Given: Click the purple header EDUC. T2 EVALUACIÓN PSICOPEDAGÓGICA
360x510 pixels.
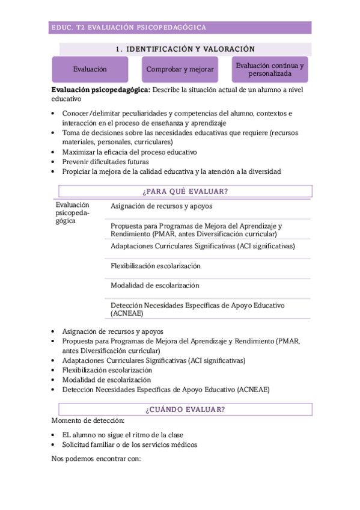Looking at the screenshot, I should [129, 28].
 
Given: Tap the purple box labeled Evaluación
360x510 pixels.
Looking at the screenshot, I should [90, 69].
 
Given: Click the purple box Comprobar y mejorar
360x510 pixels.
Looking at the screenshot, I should [180, 69].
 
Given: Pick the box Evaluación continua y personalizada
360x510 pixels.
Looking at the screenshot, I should [270, 69].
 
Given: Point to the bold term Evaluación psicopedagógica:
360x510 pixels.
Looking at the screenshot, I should [101, 90].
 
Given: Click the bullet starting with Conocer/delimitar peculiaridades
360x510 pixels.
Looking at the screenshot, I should [169, 113].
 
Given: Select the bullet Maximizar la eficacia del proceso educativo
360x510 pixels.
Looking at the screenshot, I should [129, 152].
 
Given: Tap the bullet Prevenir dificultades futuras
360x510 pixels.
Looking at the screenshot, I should [106, 162].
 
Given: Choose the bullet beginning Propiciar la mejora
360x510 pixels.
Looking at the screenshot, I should [171, 171].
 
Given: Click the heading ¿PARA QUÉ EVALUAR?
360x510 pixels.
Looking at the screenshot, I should [185, 192].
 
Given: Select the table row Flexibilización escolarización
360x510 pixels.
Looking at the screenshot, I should [155, 266].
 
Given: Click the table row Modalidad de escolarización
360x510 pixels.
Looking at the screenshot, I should [154, 286].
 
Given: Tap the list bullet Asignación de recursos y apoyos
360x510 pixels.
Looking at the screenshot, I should [112, 331].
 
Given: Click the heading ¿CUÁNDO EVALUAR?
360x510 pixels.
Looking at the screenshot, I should [185, 410].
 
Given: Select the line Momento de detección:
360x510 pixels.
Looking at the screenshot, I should [88, 421].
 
